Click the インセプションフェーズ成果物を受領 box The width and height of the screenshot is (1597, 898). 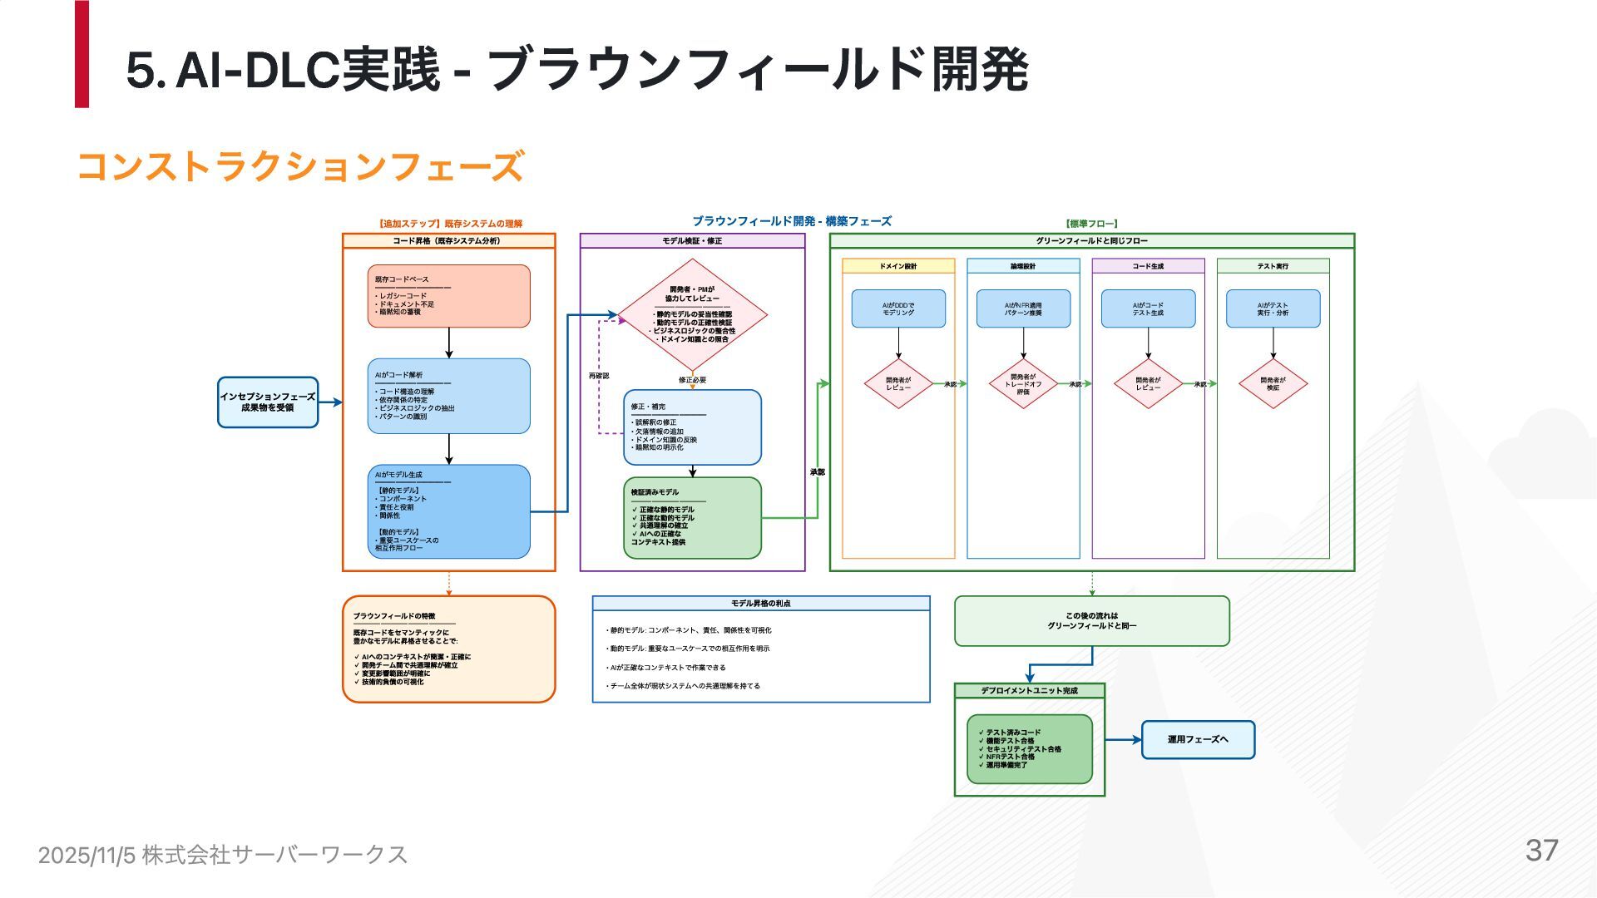[268, 402]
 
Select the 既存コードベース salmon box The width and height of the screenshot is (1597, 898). [448, 296]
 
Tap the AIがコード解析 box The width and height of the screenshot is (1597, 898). [448, 396]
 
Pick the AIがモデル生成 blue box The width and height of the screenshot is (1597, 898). [448, 511]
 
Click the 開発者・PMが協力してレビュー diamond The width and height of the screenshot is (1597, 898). [692, 315]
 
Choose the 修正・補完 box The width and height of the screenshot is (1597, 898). [692, 427]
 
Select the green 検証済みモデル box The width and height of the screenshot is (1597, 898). [692, 517]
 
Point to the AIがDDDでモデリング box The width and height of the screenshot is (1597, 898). [898, 308]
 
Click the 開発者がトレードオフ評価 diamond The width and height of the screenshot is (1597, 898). [1023, 384]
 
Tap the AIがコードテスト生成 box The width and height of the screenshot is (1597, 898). [1148, 308]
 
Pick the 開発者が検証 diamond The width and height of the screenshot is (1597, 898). [1273, 384]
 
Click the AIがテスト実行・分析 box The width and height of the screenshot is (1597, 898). [1273, 308]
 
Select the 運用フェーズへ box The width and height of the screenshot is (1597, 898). [1198, 739]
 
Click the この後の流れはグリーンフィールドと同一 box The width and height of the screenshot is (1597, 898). [1091, 621]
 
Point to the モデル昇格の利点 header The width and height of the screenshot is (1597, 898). [760, 604]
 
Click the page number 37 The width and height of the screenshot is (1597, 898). [1541, 851]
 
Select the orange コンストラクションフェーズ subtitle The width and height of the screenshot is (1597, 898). [300, 166]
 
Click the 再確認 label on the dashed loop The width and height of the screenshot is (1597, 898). [599, 376]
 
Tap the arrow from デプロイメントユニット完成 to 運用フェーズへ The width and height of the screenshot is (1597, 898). [1123, 739]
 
